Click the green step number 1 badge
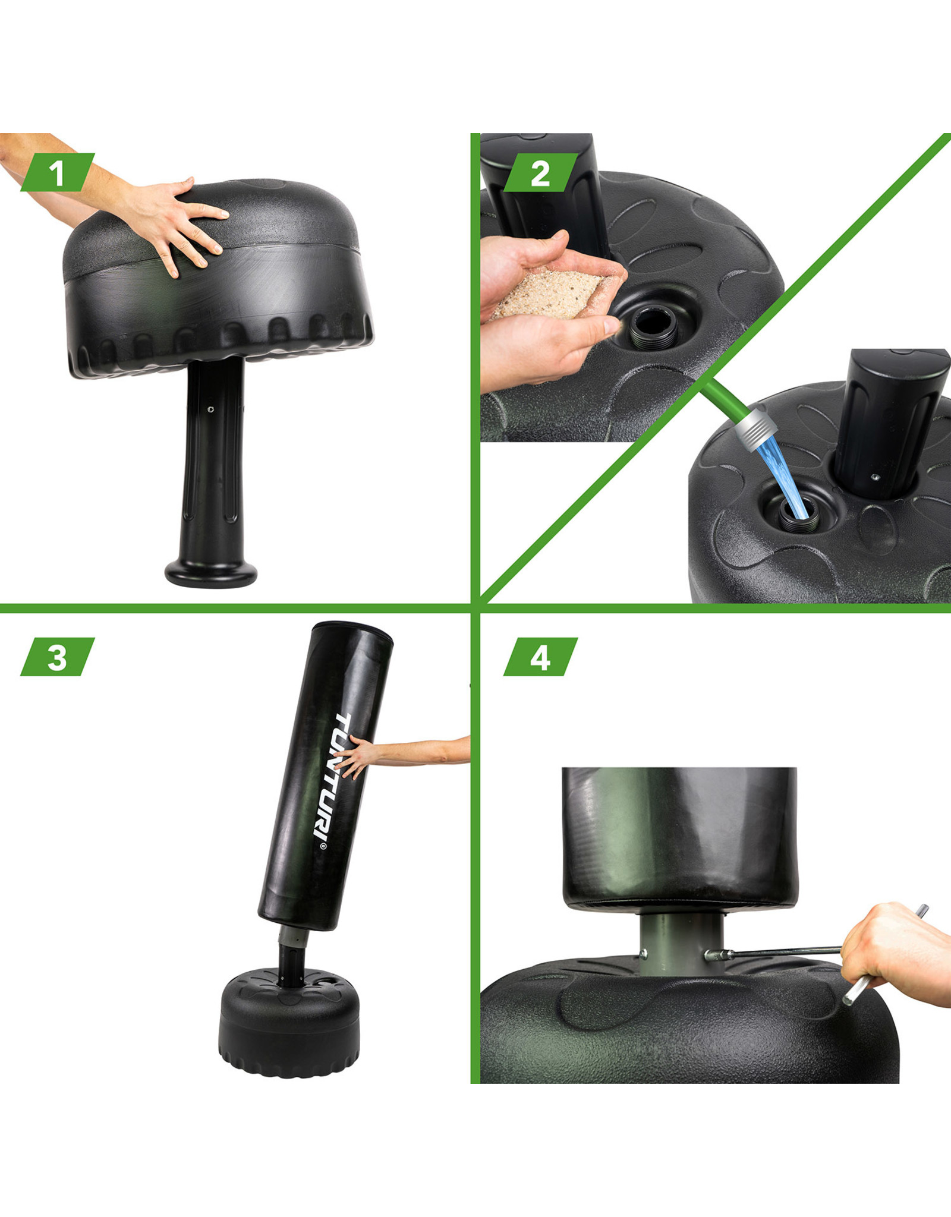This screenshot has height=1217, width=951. coord(57,172)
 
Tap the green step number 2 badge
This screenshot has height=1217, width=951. coord(540,172)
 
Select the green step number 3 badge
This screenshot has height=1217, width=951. coord(57,657)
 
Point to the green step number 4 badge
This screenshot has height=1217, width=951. coord(540,657)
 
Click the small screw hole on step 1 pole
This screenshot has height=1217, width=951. coord(211,409)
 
